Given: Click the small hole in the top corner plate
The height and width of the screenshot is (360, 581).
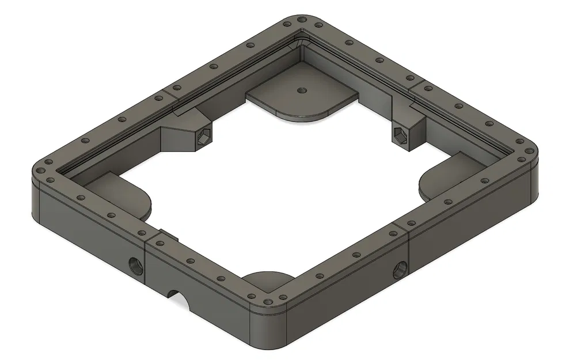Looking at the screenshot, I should pos(301,90).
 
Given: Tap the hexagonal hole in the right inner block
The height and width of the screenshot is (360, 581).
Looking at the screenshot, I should pos(400,134).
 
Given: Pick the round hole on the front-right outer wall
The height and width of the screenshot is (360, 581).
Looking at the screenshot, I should pos(400,268).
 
